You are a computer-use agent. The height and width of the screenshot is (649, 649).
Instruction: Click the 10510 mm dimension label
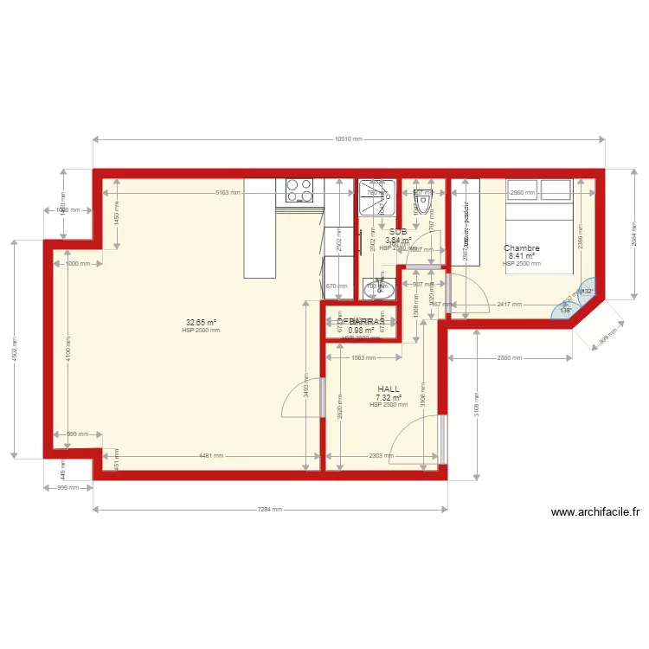coord(348,139)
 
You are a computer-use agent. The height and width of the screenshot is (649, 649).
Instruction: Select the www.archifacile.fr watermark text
coord(595,512)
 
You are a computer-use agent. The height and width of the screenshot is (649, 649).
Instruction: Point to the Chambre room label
coord(522,248)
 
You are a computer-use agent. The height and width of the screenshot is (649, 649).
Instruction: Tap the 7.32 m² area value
coord(389,398)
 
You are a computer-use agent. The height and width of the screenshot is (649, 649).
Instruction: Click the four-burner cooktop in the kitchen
coord(299,190)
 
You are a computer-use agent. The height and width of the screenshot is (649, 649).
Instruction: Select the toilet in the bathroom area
coord(423,198)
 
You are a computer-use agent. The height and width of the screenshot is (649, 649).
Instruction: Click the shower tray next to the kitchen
coord(377,197)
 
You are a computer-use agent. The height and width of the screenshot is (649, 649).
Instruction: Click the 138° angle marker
coord(566,311)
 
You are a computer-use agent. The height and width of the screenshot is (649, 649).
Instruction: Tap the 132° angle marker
coord(588,292)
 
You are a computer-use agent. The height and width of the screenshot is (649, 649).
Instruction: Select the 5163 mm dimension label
coord(228,193)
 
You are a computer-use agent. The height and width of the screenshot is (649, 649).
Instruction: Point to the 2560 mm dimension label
coord(509,358)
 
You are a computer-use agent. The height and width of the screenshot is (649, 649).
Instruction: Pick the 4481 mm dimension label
coord(211,455)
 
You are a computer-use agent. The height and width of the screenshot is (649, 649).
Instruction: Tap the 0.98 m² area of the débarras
coord(361,330)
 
